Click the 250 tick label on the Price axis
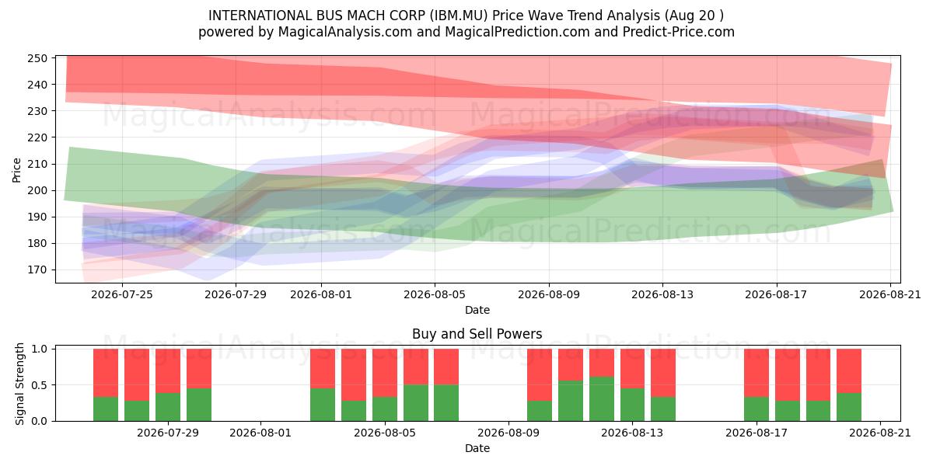[x=37, y=58]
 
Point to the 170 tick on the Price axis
[x=37, y=270]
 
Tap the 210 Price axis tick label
[x=37, y=164]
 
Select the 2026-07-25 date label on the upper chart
[x=122, y=294]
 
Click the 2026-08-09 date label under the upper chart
[x=549, y=294]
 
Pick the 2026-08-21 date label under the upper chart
[x=890, y=294]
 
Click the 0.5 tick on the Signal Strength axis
[x=39, y=385]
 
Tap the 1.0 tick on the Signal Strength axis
[x=39, y=349]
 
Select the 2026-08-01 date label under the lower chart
[x=260, y=433]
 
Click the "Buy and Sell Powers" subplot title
[x=477, y=334]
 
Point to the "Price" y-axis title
[x=16, y=170]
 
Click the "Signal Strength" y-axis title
[x=19, y=384]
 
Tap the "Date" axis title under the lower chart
[x=477, y=449]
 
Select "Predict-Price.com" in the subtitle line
[x=679, y=32]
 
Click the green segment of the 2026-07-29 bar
[x=168, y=407]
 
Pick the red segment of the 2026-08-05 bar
[x=385, y=373]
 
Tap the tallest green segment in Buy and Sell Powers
[x=602, y=399]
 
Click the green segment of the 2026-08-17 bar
[x=757, y=409]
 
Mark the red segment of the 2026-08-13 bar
[x=632, y=369]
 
